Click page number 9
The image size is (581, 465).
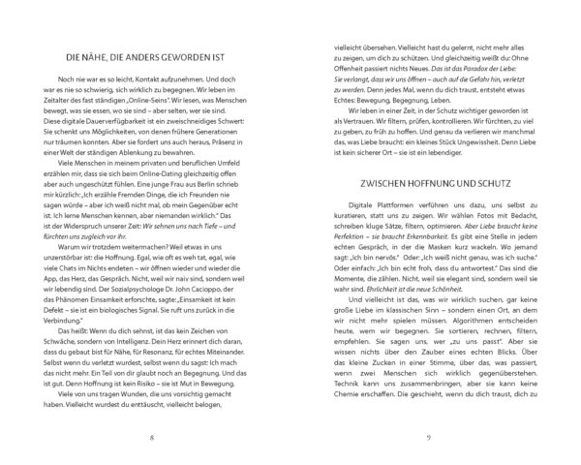429,438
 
